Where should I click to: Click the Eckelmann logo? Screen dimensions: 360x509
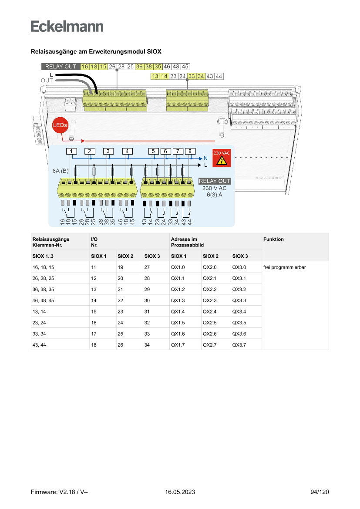[x=67, y=26]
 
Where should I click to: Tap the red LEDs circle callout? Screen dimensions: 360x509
[x=60, y=125]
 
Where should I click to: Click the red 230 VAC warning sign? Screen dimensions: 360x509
[x=222, y=158]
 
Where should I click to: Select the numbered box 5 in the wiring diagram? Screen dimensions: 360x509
[x=153, y=151]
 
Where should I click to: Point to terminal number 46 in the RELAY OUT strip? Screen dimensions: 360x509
[x=167, y=67]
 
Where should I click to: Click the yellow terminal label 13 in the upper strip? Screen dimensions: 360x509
[x=155, y=76]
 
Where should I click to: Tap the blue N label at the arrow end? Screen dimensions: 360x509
[x=205, y=158]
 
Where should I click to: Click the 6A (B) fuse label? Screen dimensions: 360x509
[x=61, y=171]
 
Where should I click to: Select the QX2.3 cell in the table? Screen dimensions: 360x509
[x=210, y=300]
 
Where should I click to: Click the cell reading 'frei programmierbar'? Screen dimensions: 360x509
[x=285, y=267]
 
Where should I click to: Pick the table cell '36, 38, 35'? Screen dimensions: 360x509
[x=43, y=290]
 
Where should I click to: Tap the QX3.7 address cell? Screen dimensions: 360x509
[x=239, y=345]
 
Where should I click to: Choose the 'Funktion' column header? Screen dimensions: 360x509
[x=273, y=239]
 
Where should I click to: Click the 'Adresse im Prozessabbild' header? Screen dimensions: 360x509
[x=187, y=242]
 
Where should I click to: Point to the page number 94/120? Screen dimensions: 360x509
[x=320, y=492]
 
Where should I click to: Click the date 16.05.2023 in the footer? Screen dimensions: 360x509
[x=180, y=492]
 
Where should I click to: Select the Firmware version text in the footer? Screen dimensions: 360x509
[x=59, y=492]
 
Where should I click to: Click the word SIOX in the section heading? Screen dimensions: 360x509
[x=154, y=52]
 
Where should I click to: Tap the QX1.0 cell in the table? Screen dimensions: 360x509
[x=178, y=267]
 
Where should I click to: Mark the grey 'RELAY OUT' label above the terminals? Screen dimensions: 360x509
[x=61, y=67]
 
